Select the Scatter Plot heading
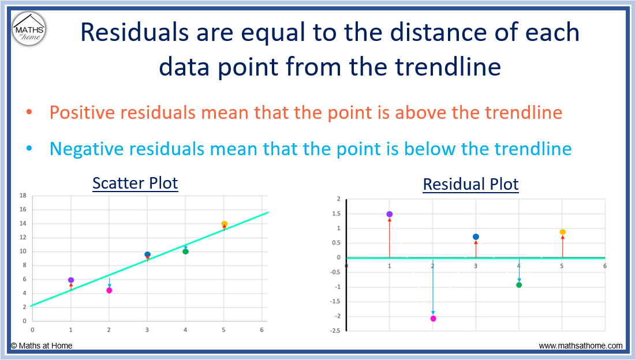(x=135, y=183)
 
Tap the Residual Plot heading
(x=470, y=185)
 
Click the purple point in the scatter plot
(x=71, y=280)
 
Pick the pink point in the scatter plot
(x=109, y=290)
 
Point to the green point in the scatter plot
(x=185, y=251)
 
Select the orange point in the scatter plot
(x=224, y=224)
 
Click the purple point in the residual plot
(x=390, y=214)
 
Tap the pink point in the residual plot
(x=433, y=318)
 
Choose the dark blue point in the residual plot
(x=476, y=237)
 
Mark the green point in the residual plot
(x=519, y=284)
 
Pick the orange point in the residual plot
(x=562, y=232)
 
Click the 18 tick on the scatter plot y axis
(x=23, y=196)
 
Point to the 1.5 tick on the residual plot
(x=336, y=213)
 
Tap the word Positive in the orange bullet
(x=79, y=112)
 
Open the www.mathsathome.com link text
(x=581, y=346)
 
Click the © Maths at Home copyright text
(x=42, y=346)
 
